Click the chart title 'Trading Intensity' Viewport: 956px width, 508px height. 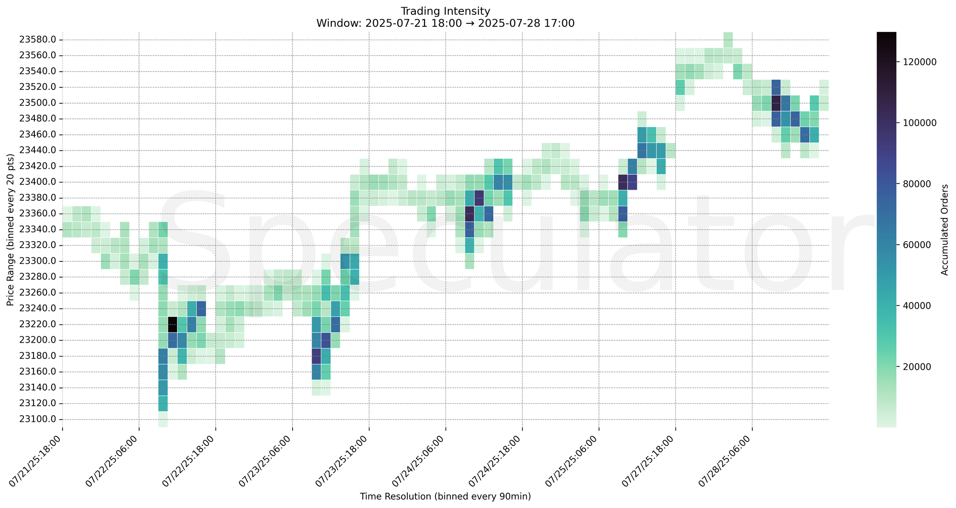coord(445,11)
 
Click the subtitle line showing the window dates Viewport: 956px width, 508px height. coord(445,23)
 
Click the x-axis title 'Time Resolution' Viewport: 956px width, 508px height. coord(445,497)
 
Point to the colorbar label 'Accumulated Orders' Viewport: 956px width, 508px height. coord(944,229)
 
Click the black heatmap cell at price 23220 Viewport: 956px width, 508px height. coord(173,324)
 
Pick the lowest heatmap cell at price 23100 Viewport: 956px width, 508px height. coord(163,419)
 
